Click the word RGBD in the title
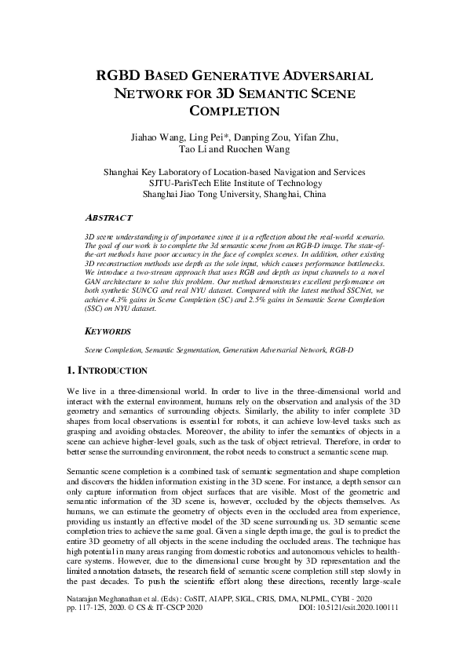[122, 76]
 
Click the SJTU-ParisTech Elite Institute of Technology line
[234, 183]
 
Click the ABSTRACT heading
[108, 216]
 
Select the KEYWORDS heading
[108, 332]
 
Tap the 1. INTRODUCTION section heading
[107, 370]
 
